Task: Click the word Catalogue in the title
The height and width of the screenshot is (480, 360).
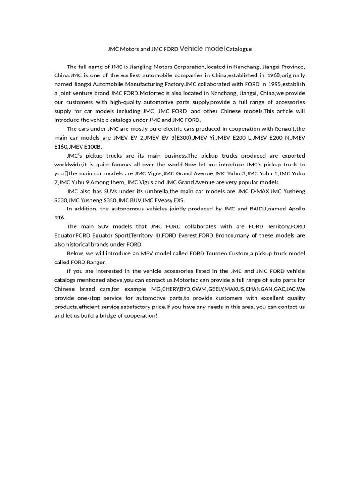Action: tap(239, 49)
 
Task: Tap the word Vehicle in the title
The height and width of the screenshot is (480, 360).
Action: tap(191, 48)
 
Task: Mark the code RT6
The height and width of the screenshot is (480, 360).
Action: tap(60, 218)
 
